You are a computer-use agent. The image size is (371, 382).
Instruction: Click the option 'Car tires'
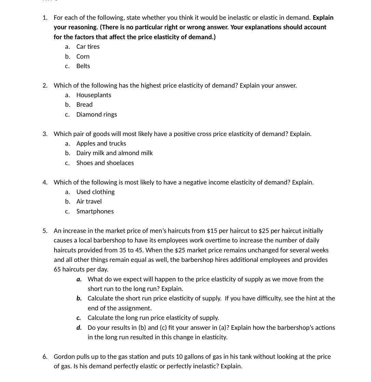pos(88,47)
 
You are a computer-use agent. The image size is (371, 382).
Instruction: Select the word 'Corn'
pos(83,57)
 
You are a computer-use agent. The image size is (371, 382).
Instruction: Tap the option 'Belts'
pos(83,66)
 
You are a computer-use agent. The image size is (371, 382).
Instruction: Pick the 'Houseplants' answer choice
pos(94,95)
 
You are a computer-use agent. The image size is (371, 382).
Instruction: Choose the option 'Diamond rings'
pos(97,115)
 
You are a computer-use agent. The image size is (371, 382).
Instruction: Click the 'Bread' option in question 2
pos(84,105)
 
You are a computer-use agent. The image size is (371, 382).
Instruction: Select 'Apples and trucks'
pos(101,144)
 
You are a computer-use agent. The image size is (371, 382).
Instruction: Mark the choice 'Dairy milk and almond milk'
pos(114,153)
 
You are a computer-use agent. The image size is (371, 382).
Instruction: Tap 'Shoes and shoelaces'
pos(105,163)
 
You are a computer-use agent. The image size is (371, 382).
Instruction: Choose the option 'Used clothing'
pos(96,192)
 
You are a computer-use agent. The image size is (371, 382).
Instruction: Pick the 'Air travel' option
pos(89,202)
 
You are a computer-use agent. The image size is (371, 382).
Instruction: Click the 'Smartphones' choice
pos(95,211)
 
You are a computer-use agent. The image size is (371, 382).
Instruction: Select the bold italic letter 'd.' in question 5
pos(79,328)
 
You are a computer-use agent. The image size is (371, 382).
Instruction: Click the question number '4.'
pos(45,182)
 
